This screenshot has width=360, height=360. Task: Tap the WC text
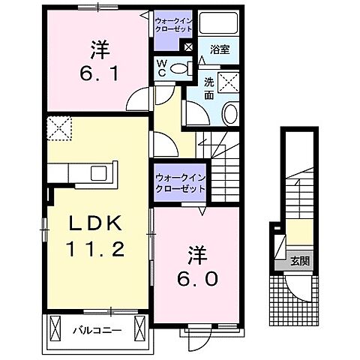coord(161,69)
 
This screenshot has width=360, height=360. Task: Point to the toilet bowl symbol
coord(180,69)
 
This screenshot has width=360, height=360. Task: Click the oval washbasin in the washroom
coord(229,114)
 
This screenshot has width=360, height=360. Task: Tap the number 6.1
coord(100,72)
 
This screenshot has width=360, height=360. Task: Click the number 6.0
coord(199,279)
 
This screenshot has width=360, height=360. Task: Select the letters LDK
coord(97,223)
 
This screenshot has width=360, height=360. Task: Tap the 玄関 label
coord(302,262)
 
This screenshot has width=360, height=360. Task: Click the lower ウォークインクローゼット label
coord(180,182)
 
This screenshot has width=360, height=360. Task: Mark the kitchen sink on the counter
coord(100,173)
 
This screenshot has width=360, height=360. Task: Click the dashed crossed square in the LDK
coord(58,129)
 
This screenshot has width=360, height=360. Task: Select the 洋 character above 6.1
coord(100,49)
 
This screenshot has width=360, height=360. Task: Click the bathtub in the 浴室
coord(220,23)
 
